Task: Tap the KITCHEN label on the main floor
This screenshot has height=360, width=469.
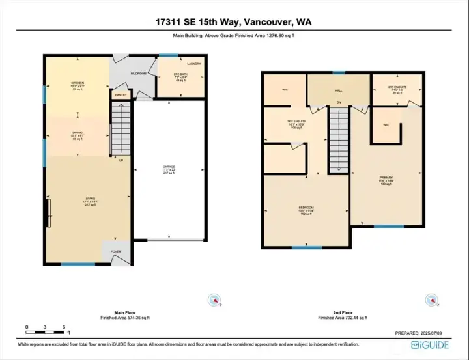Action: [78, 83]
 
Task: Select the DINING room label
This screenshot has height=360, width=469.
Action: [77, 133]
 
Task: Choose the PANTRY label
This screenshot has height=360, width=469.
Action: [121, 95]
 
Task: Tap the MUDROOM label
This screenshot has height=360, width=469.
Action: [139, 74]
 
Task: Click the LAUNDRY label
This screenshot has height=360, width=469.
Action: [194, 64]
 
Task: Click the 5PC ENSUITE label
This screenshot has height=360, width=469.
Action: [296, 121]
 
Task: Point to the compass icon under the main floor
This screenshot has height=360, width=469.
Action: [214, 299]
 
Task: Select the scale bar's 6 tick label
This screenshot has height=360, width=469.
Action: [63, 327]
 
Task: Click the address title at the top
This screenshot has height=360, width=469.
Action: [234, 22]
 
